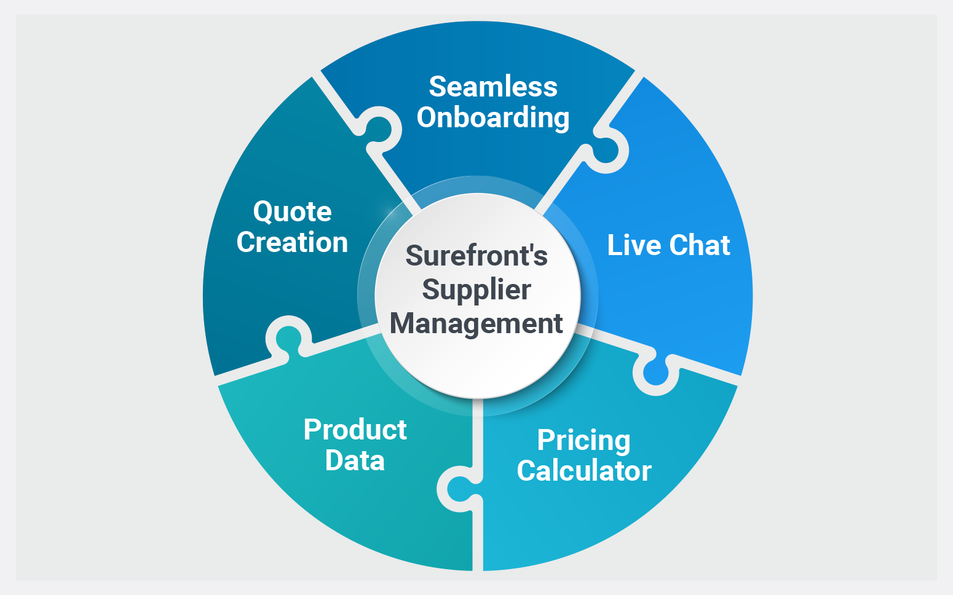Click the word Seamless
click(493, 87)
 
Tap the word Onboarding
click(493, 118)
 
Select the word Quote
click(293, 212)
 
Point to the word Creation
click(293, 242)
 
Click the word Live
click(634, 245)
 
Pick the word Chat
click(700, 245)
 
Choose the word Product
click(355, 430)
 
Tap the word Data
click(355, 460)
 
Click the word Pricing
click(584, 441)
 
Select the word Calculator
click(584, 471)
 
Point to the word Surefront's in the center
click(476, 256)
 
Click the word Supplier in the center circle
click(476, 290)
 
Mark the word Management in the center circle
click(476, 323)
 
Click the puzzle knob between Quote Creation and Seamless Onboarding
click(378, 129)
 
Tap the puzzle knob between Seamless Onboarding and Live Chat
click(606, 150)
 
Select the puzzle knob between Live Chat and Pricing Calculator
click(656, 372)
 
